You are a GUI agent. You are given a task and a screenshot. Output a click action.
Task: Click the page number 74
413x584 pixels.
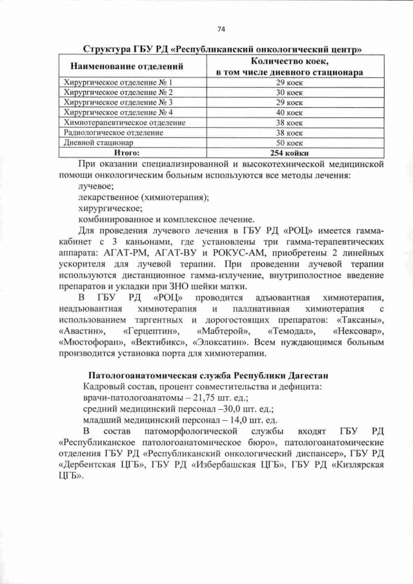(x=221, y=29)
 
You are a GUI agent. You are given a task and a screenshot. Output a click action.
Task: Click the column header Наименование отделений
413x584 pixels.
(x=126, y=66)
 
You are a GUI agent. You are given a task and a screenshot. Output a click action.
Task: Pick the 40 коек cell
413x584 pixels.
(x=289, y=112)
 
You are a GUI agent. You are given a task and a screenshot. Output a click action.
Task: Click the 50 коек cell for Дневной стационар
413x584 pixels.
(x=289, y=142)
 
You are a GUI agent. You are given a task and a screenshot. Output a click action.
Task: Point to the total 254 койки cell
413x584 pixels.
(x=289, y=153)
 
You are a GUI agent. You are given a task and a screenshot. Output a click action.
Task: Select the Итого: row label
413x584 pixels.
(x=127, y=153)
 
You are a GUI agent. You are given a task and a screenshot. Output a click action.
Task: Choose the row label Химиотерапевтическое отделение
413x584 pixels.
(x=124, y=122)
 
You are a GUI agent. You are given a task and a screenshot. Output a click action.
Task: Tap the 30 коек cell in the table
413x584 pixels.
(x=289, y=92)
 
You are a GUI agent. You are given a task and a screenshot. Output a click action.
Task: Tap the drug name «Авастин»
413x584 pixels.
(x=83, y=331)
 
